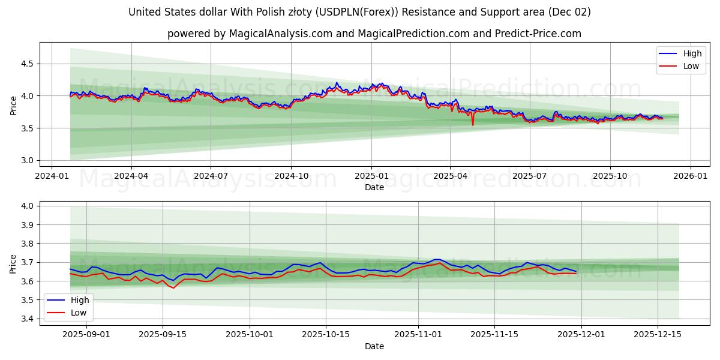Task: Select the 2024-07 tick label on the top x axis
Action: (211, 176)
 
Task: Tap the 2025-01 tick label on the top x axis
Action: (371, 176)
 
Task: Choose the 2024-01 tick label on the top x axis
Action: (52, 176)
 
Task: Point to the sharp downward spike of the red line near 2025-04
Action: (473, 125)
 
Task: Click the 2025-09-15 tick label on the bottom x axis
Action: (163, 335)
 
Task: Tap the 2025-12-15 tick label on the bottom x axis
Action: (658, 335)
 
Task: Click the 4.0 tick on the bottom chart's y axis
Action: (28, 206)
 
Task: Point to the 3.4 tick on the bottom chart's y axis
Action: (28, 319)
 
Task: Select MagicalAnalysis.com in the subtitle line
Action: (280, 34)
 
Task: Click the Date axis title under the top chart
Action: (374, 187)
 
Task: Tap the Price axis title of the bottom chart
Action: (13, 263)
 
